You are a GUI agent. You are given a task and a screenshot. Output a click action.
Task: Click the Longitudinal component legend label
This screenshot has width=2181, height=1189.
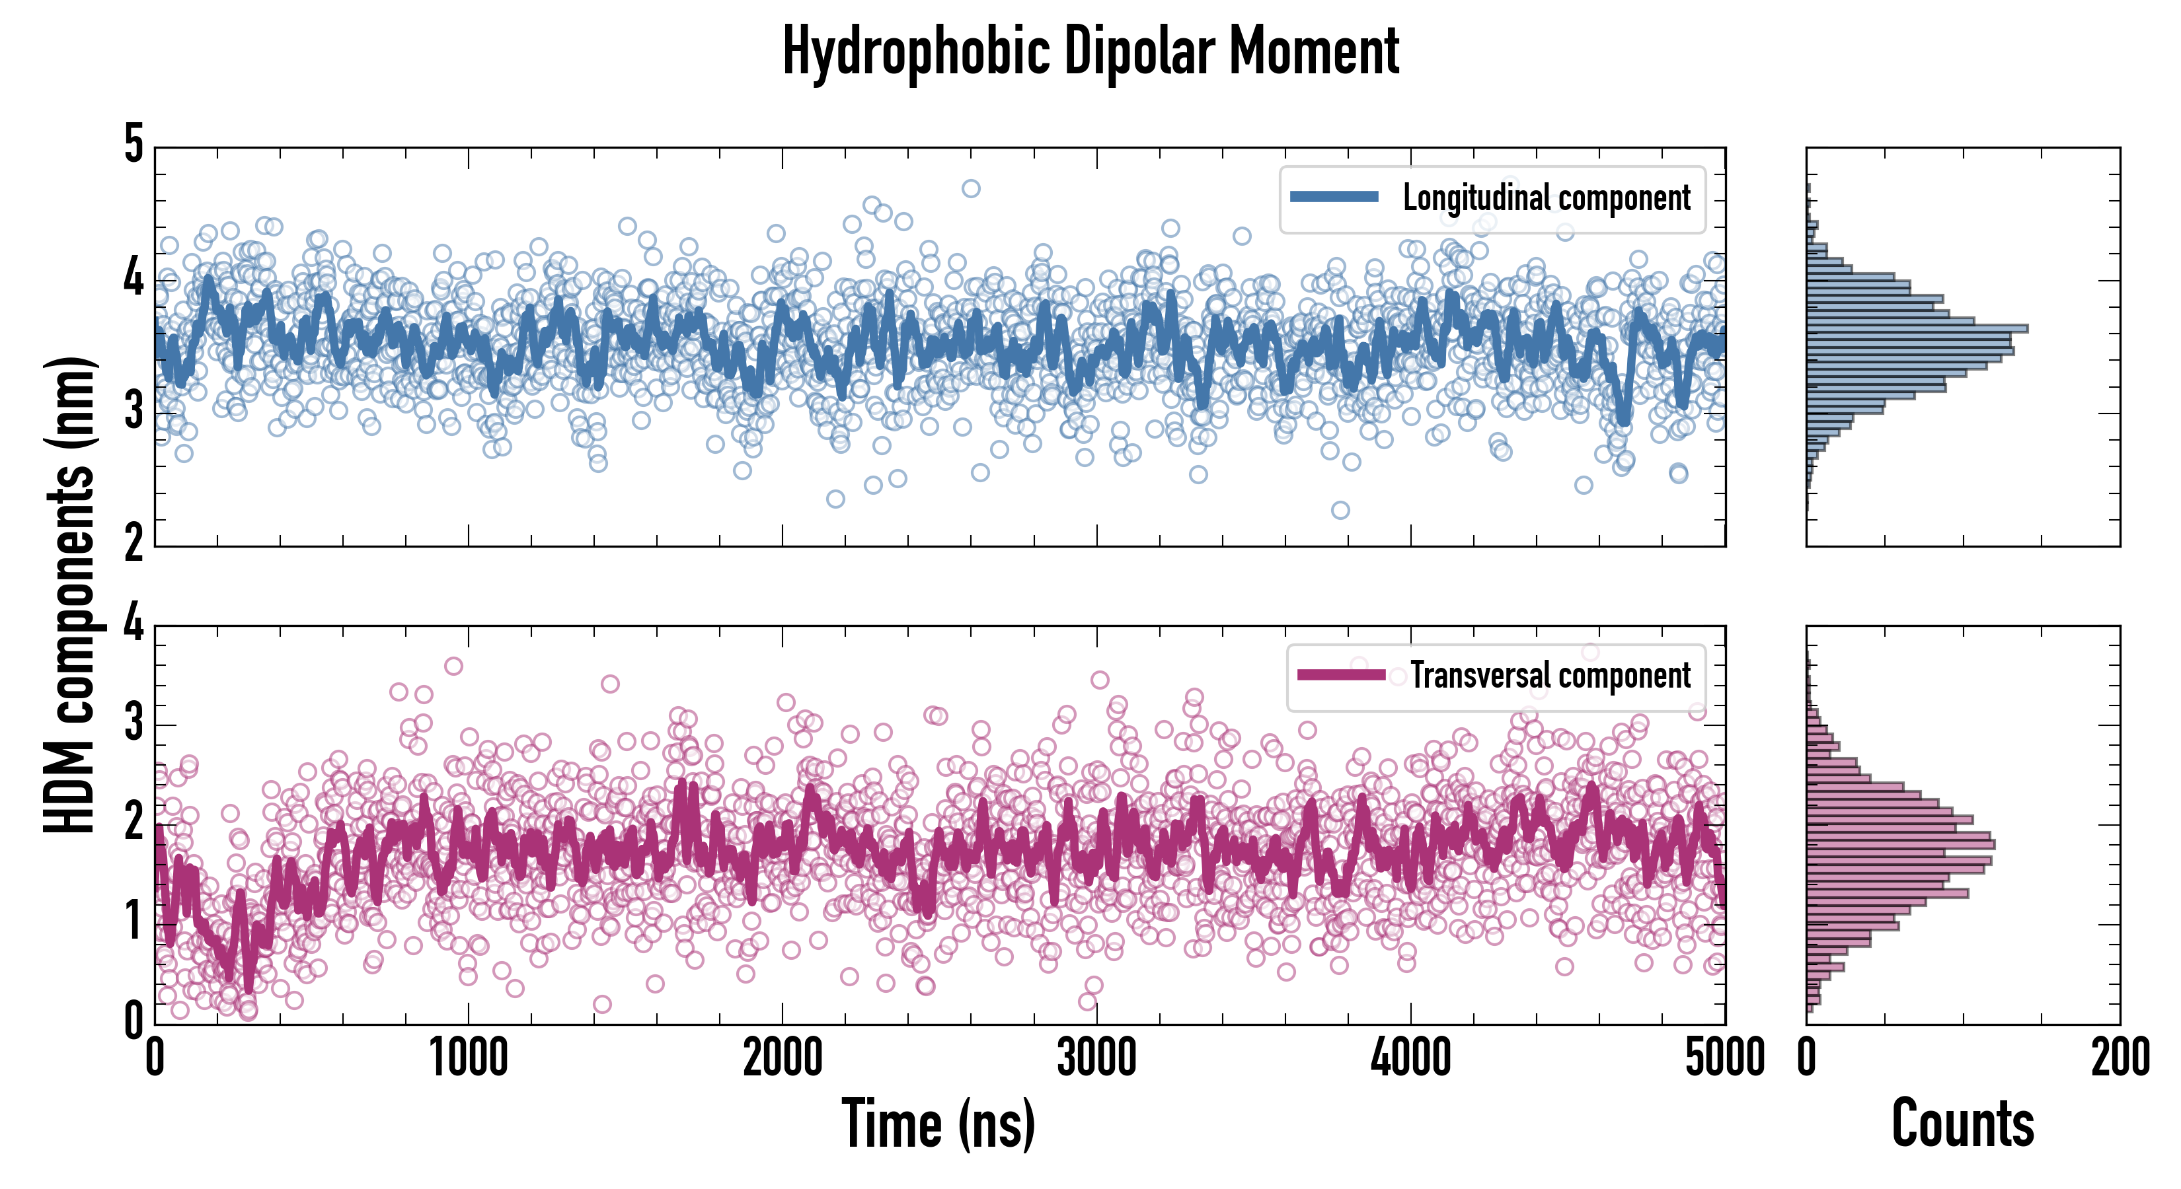point(1546,198)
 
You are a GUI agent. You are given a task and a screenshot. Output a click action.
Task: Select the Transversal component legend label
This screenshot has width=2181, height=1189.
point(1550,675)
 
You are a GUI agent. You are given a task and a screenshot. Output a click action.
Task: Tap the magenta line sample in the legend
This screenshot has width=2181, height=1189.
point(1341,674)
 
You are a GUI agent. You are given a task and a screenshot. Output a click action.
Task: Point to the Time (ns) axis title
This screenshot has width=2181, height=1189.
point(938,1123)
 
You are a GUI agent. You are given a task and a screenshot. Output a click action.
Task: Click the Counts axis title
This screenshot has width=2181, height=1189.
point(1962,1123)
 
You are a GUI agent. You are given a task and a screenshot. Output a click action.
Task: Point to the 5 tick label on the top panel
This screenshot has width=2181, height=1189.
point(134,144)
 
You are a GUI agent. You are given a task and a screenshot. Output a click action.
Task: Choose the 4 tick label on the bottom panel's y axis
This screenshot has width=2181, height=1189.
point(134,624)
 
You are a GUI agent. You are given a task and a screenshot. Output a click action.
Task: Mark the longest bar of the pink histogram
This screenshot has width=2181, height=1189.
point(1901,844)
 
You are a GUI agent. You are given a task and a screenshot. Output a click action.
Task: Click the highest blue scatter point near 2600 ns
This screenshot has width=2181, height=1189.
point(971,188)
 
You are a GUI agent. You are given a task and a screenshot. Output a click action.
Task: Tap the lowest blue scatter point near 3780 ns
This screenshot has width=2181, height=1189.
point(1340,509)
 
